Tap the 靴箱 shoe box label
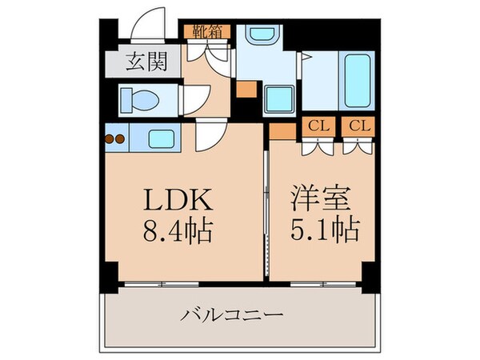(207, 32)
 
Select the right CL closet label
(358, 126)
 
